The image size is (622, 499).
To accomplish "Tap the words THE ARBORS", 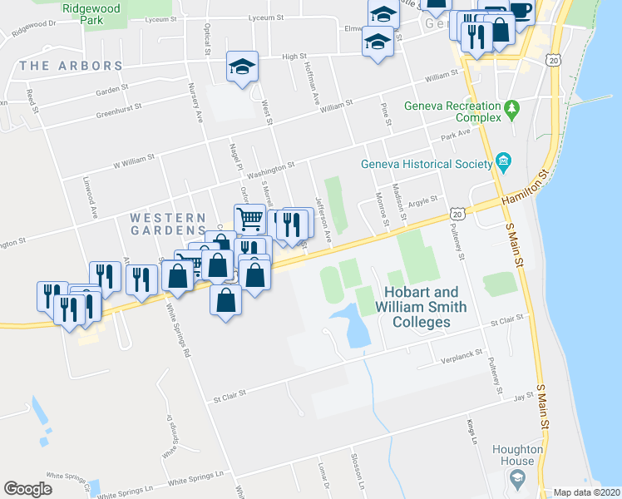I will (71, 66).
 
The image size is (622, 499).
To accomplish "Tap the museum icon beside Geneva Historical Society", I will (503, 161).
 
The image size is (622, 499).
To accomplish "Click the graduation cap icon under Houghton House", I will (518, 478).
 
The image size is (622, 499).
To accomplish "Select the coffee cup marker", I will (520, 11).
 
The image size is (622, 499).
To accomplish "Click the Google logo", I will (28, 489).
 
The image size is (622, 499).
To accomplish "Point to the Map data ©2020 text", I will (587, 492).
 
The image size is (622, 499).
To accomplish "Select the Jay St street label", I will (522, 398).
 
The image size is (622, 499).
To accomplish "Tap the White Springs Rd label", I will (177, 333).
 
